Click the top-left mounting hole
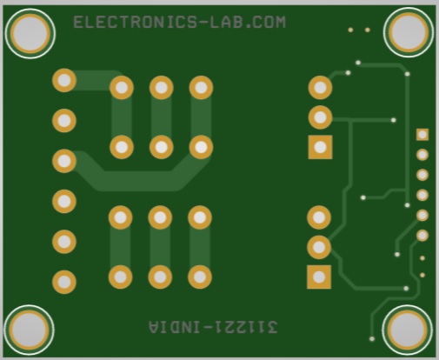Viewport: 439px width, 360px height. point(30,34)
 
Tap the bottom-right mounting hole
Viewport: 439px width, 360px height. point(408,330)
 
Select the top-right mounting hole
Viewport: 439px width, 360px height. point(409,32)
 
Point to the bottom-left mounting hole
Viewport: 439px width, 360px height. point(30,330)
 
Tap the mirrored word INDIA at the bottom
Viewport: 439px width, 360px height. point(175,327)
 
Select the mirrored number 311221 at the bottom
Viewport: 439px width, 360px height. point(245,327)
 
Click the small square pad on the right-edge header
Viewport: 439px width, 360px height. point(422,135)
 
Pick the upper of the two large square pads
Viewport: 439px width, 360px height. point(320,147)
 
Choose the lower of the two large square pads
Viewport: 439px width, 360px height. point(319,277)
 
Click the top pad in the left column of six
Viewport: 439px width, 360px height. point(64,80)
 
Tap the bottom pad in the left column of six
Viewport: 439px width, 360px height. point(64,282)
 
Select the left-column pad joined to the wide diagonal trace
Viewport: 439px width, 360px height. point(64,161)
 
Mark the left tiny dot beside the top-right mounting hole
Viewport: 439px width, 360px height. point(350,30)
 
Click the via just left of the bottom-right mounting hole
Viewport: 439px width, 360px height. point(372,338)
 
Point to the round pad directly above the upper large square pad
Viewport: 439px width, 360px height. point(320,117)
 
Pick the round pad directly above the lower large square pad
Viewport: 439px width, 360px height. point(319,247)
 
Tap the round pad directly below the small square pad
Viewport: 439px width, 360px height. point(422,155)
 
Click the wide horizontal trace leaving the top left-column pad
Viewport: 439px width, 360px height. point(93,80)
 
